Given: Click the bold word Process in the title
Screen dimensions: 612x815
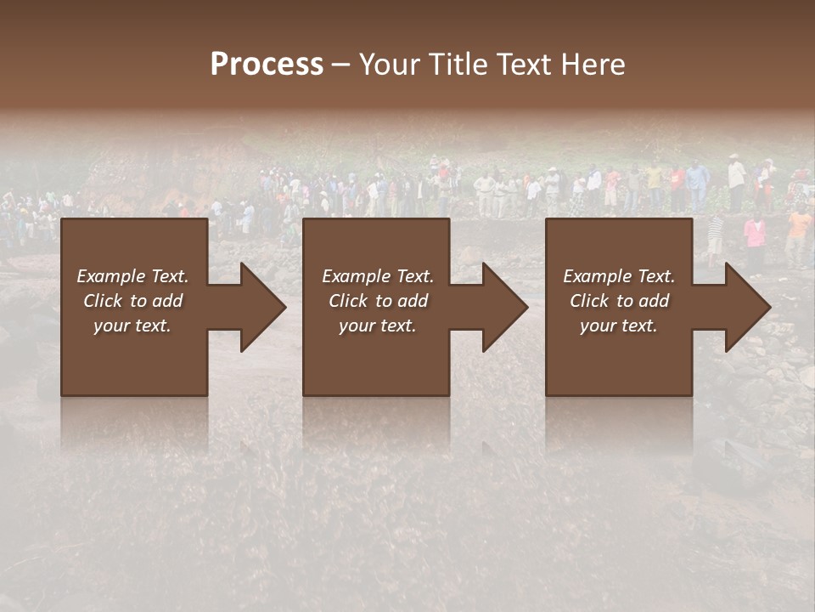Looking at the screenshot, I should (x=267, y=65).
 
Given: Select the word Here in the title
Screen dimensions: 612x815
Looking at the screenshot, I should (x=593, y=65).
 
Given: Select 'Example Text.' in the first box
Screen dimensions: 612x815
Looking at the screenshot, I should (x=132, y=276).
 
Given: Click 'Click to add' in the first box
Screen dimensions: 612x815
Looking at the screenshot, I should (x=132, y=301).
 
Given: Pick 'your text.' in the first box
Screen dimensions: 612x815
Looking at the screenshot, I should (x=132, y=326).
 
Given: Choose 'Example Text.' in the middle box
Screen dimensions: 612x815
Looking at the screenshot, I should (x=378, y=276).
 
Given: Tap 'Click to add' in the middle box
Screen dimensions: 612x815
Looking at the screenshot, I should (x=378, y=301).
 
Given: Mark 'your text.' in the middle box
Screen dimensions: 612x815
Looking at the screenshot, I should (x=378, y=326).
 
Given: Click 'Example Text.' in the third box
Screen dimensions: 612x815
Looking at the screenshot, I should (x=619, y=276).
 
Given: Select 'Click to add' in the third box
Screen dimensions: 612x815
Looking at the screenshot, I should (x=619, y=301).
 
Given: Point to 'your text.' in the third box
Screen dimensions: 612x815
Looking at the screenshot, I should (x=619, y=326).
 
